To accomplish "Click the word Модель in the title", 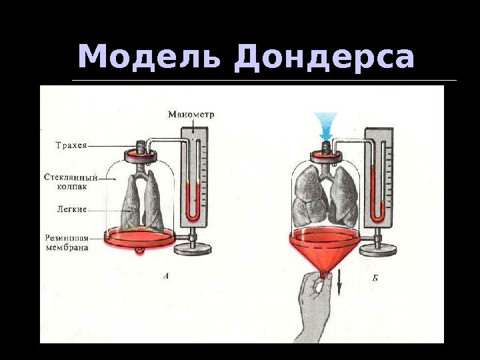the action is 151,58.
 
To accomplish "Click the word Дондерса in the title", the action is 324,58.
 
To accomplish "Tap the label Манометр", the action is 191,114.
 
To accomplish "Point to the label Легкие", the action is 72,209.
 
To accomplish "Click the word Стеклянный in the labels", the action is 71,177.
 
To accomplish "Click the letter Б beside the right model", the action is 375,278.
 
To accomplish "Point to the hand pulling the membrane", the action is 314,307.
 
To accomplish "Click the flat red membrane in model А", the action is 140,236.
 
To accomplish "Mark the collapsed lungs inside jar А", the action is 143,201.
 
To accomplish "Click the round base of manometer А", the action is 192,249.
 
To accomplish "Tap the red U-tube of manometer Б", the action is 377,200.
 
